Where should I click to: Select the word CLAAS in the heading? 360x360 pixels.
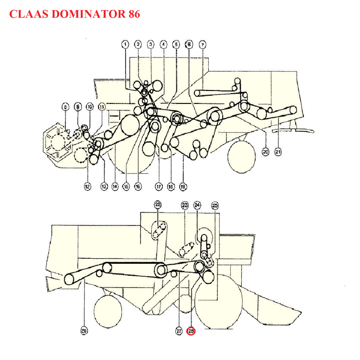28,14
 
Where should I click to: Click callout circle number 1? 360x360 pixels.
125,44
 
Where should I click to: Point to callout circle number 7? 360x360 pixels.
202,44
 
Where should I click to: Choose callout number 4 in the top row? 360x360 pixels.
163,44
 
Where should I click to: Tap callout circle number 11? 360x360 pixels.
102,107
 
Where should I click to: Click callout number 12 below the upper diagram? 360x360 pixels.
88,186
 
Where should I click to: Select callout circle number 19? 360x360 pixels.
183,186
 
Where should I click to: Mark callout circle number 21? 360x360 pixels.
278,152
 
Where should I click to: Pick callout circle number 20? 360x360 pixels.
265,152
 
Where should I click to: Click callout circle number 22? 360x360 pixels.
157,205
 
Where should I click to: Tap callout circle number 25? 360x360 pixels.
215,205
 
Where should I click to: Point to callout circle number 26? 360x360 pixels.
84,331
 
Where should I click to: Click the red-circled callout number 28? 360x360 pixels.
191,331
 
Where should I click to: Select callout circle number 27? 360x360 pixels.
179,331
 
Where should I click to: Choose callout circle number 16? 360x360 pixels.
138,186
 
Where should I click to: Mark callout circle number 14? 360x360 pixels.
115,186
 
